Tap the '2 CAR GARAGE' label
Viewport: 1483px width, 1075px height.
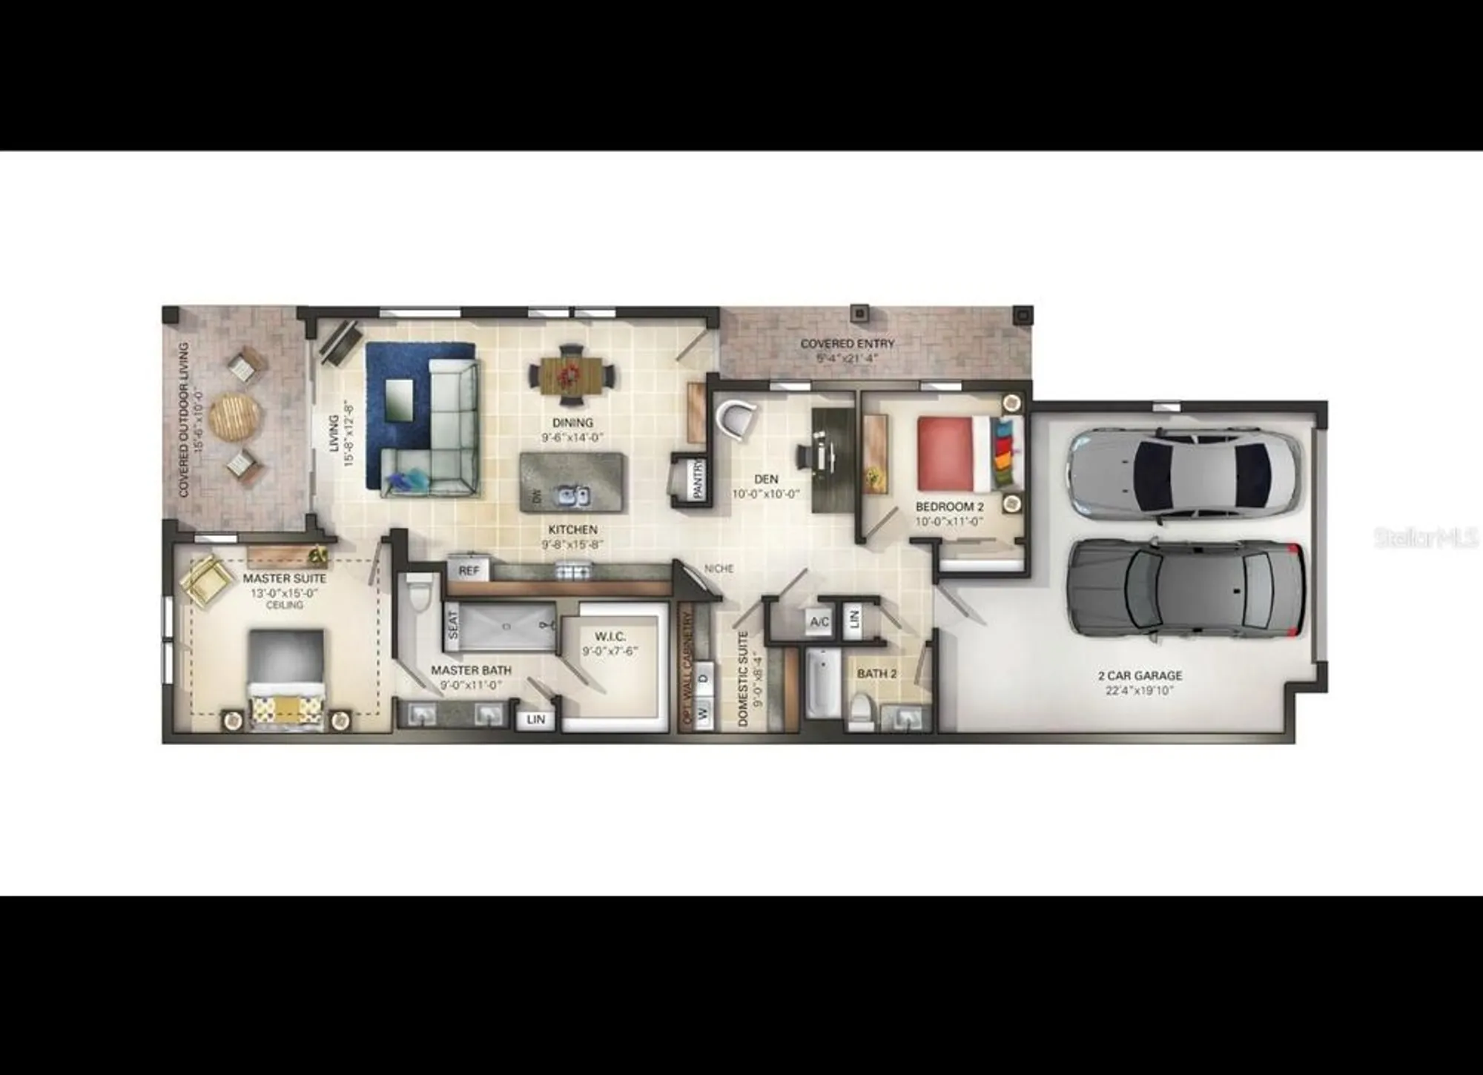pyautogui.click(x=1140, y=675)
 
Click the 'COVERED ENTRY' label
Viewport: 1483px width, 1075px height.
pyautogui.click(x=847, y=344)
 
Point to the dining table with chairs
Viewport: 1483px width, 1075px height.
pyautogui.click(x=572, y=375)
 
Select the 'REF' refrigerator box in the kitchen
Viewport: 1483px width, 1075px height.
pyautogui.click(x=469, y=570)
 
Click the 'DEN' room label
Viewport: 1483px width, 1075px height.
pyautogui.click(x=766, y=480)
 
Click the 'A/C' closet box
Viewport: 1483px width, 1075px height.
pyautogui.click(x=819, y=621)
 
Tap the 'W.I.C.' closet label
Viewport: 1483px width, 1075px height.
pyautogui.click(x=610, y=637)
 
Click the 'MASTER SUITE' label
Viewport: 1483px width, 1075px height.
pyautogui.click(x=285, y=578)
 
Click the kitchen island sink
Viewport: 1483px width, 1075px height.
pyautogui.click(x=574, y=495)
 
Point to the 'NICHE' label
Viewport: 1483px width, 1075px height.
pyautogui.click(x=719, y=569)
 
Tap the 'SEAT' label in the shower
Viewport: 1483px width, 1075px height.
pyautogui.click(x=453, y=624)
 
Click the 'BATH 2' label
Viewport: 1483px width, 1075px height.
pyautogui.click(x=876, y=674)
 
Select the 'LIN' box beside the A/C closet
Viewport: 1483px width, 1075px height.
pyautogui.click(x=854, y=618)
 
